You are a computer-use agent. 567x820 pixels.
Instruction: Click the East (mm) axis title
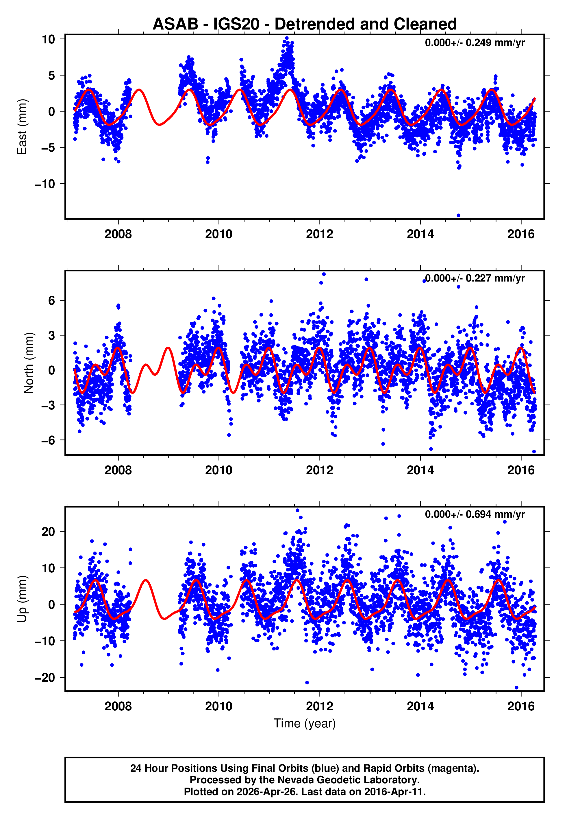point(22,127)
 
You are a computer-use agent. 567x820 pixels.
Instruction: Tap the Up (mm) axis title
point(22,599)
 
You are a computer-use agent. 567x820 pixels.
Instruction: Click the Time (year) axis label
point(305,723)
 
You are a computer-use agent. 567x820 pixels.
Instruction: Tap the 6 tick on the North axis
point(51,300)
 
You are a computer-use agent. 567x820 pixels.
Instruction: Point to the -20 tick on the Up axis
point(45,678)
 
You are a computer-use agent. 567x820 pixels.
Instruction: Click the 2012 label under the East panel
point(319,234)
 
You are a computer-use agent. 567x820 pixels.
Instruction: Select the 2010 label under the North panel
point(218,470)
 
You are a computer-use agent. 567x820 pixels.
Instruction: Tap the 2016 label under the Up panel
point(521,706)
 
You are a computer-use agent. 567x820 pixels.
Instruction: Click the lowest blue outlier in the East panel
point(458,216)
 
